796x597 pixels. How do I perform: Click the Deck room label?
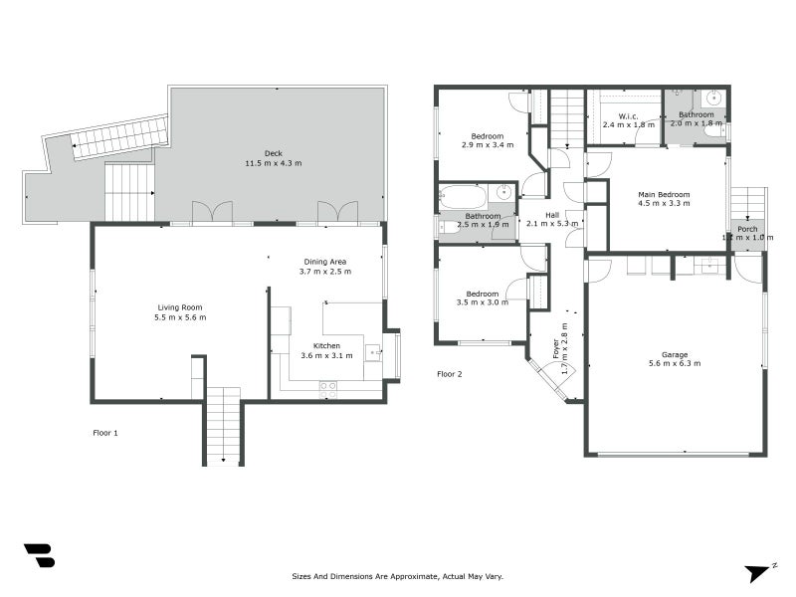273,153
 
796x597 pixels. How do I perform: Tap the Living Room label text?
180,307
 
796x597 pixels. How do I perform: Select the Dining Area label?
326,262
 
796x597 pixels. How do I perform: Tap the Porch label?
747,229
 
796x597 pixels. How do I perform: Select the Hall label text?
551,215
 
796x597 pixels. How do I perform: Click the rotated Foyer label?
556,348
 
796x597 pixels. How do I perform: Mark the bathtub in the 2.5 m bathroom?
463,195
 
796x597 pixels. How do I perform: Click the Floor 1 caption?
104,433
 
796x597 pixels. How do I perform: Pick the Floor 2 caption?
450,374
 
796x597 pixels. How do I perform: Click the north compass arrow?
759,572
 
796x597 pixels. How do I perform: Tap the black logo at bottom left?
39,555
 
